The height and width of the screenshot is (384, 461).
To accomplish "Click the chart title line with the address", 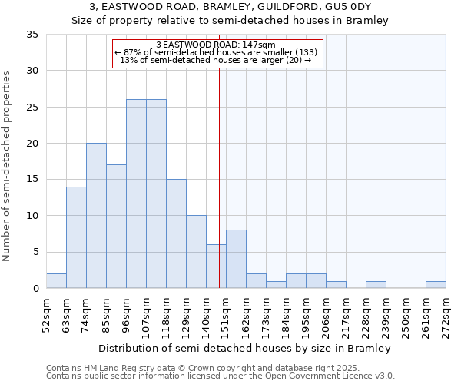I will [230, 7].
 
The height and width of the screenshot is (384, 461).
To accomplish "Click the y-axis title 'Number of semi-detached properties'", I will [8, 166].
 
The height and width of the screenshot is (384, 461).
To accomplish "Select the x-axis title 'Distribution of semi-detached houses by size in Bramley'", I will [245, 348].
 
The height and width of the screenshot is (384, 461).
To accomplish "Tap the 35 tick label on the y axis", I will [32, 35].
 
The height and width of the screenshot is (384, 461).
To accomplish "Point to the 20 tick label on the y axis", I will [32, 144].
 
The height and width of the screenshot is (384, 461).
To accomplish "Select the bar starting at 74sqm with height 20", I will [96, 216].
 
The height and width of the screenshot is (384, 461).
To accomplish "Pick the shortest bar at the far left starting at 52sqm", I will [56, 281].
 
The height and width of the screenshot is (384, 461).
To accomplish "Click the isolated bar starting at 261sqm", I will [436, 285].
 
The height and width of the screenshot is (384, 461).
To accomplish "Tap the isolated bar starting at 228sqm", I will [376, 285].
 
